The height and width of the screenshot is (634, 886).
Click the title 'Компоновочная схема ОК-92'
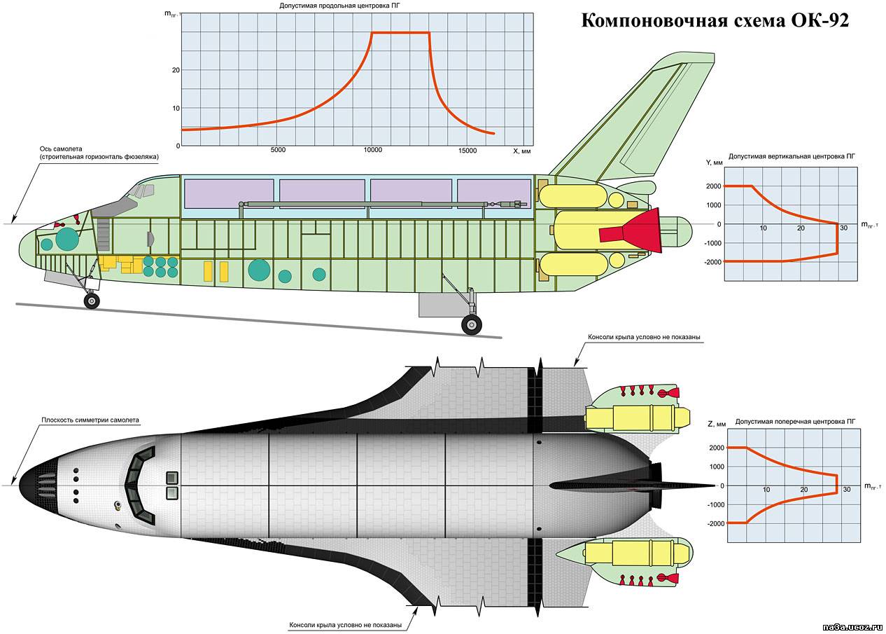pyautogui.click(x=715, y=20)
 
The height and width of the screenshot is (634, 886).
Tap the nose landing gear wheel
pyautogui.click(x=92, y=301)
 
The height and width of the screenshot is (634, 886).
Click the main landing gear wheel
pyautogui.click(x=472, y=325)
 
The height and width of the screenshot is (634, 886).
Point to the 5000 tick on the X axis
pyautogui.click(x=278, y=150)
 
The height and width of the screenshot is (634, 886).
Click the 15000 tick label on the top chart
pyautogui.click(x=467, y=150)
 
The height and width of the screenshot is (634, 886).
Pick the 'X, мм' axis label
pyautogui.click(x=521, y=151)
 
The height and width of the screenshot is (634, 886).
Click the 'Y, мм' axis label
pyautogui.click(x=715, y=163)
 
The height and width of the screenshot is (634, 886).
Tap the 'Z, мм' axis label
pyautogui.click(x=717, y=424)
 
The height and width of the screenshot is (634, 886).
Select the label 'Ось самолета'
pyautogui.click(x=61, y=149)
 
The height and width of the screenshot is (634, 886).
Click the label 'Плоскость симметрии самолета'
pyautogui.click(x=90, y=420)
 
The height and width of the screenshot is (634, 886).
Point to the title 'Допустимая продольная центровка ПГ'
pyautogui.click(x=342, y=6)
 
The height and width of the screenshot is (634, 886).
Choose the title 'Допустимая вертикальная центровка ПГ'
pyautogui.click(x=792, y=156)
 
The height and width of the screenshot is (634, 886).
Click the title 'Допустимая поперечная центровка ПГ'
pyautogui.click(x=795, y=422)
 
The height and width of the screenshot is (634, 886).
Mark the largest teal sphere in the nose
pyautogui.click(x=67, y=239)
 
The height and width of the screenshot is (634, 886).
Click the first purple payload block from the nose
pyautogui.click(x=229, y=193)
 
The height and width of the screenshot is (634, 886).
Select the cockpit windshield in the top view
pyautogui.click(x=140, y=485)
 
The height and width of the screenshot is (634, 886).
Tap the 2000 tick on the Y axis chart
pyautogui.click(x=714, y=186)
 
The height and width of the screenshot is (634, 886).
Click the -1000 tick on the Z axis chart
pyautogui.click(x=716, y=505)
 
